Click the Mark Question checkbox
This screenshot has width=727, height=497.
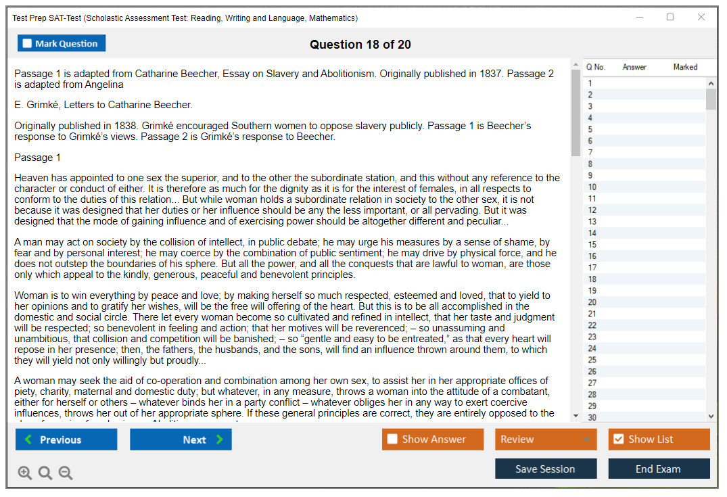pos(27,43)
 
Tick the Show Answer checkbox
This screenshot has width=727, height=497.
pos(392,439)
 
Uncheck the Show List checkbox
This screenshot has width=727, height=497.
pos(618,439)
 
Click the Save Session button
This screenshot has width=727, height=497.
pos(545,469)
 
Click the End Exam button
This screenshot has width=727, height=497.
pos(658,469)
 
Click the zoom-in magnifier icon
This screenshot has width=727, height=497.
pos(25,473)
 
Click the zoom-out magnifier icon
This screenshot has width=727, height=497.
pos(66,473)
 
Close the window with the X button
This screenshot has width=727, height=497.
pos(701,17)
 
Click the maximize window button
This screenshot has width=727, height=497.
pos(670,17)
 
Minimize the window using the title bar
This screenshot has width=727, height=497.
pos(639,17)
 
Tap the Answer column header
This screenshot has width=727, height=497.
pos(634,67)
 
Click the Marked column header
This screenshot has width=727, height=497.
pos(685,67)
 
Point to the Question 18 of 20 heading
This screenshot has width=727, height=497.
pos(360,45)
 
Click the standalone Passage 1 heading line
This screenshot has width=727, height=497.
pos(38,158)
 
